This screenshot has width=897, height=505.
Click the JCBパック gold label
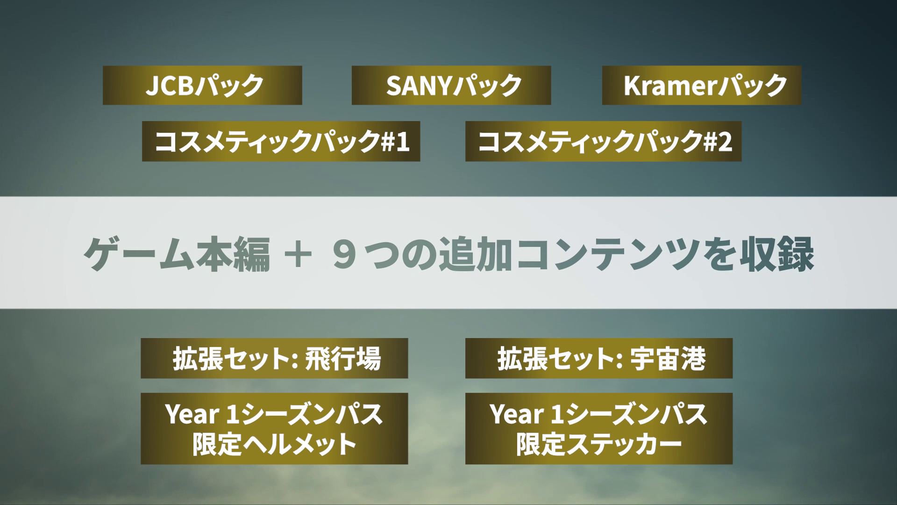point(202,85)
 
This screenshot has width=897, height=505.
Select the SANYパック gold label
point(451,85)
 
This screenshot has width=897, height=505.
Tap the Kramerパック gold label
point(702,85)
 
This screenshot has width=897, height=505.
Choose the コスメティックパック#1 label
point(281,141)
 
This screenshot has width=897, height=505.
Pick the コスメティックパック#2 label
point(604,141)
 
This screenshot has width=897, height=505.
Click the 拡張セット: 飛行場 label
point(274,358)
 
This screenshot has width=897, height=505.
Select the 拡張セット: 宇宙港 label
point(599,358)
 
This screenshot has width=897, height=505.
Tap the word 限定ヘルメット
point(275,444)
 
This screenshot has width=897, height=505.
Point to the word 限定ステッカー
point(599,444)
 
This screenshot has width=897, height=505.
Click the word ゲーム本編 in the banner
point(177,253)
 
